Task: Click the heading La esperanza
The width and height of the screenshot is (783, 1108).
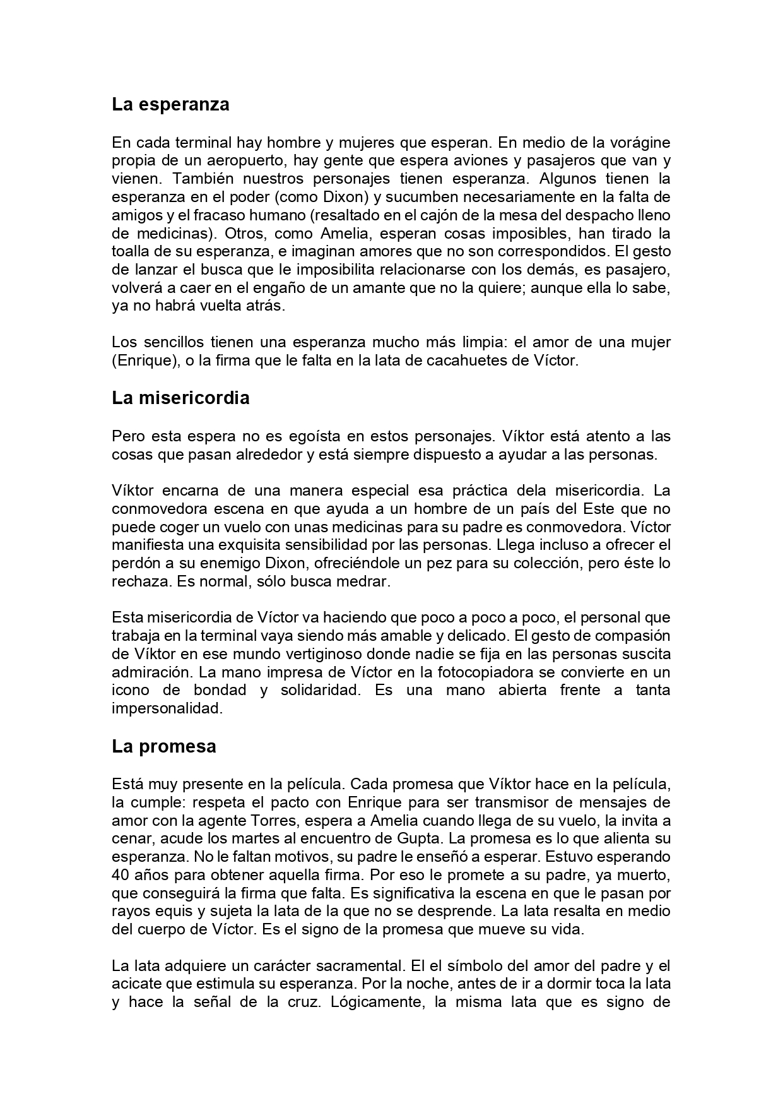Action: tap(170, 104)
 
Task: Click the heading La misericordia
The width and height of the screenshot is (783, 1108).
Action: tap(180, 398)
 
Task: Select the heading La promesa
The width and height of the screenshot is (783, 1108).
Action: tap(164, 746)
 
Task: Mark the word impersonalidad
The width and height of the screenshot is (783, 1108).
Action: tap(167, 708)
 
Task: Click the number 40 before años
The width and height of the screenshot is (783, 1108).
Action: tap(121, 876)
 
